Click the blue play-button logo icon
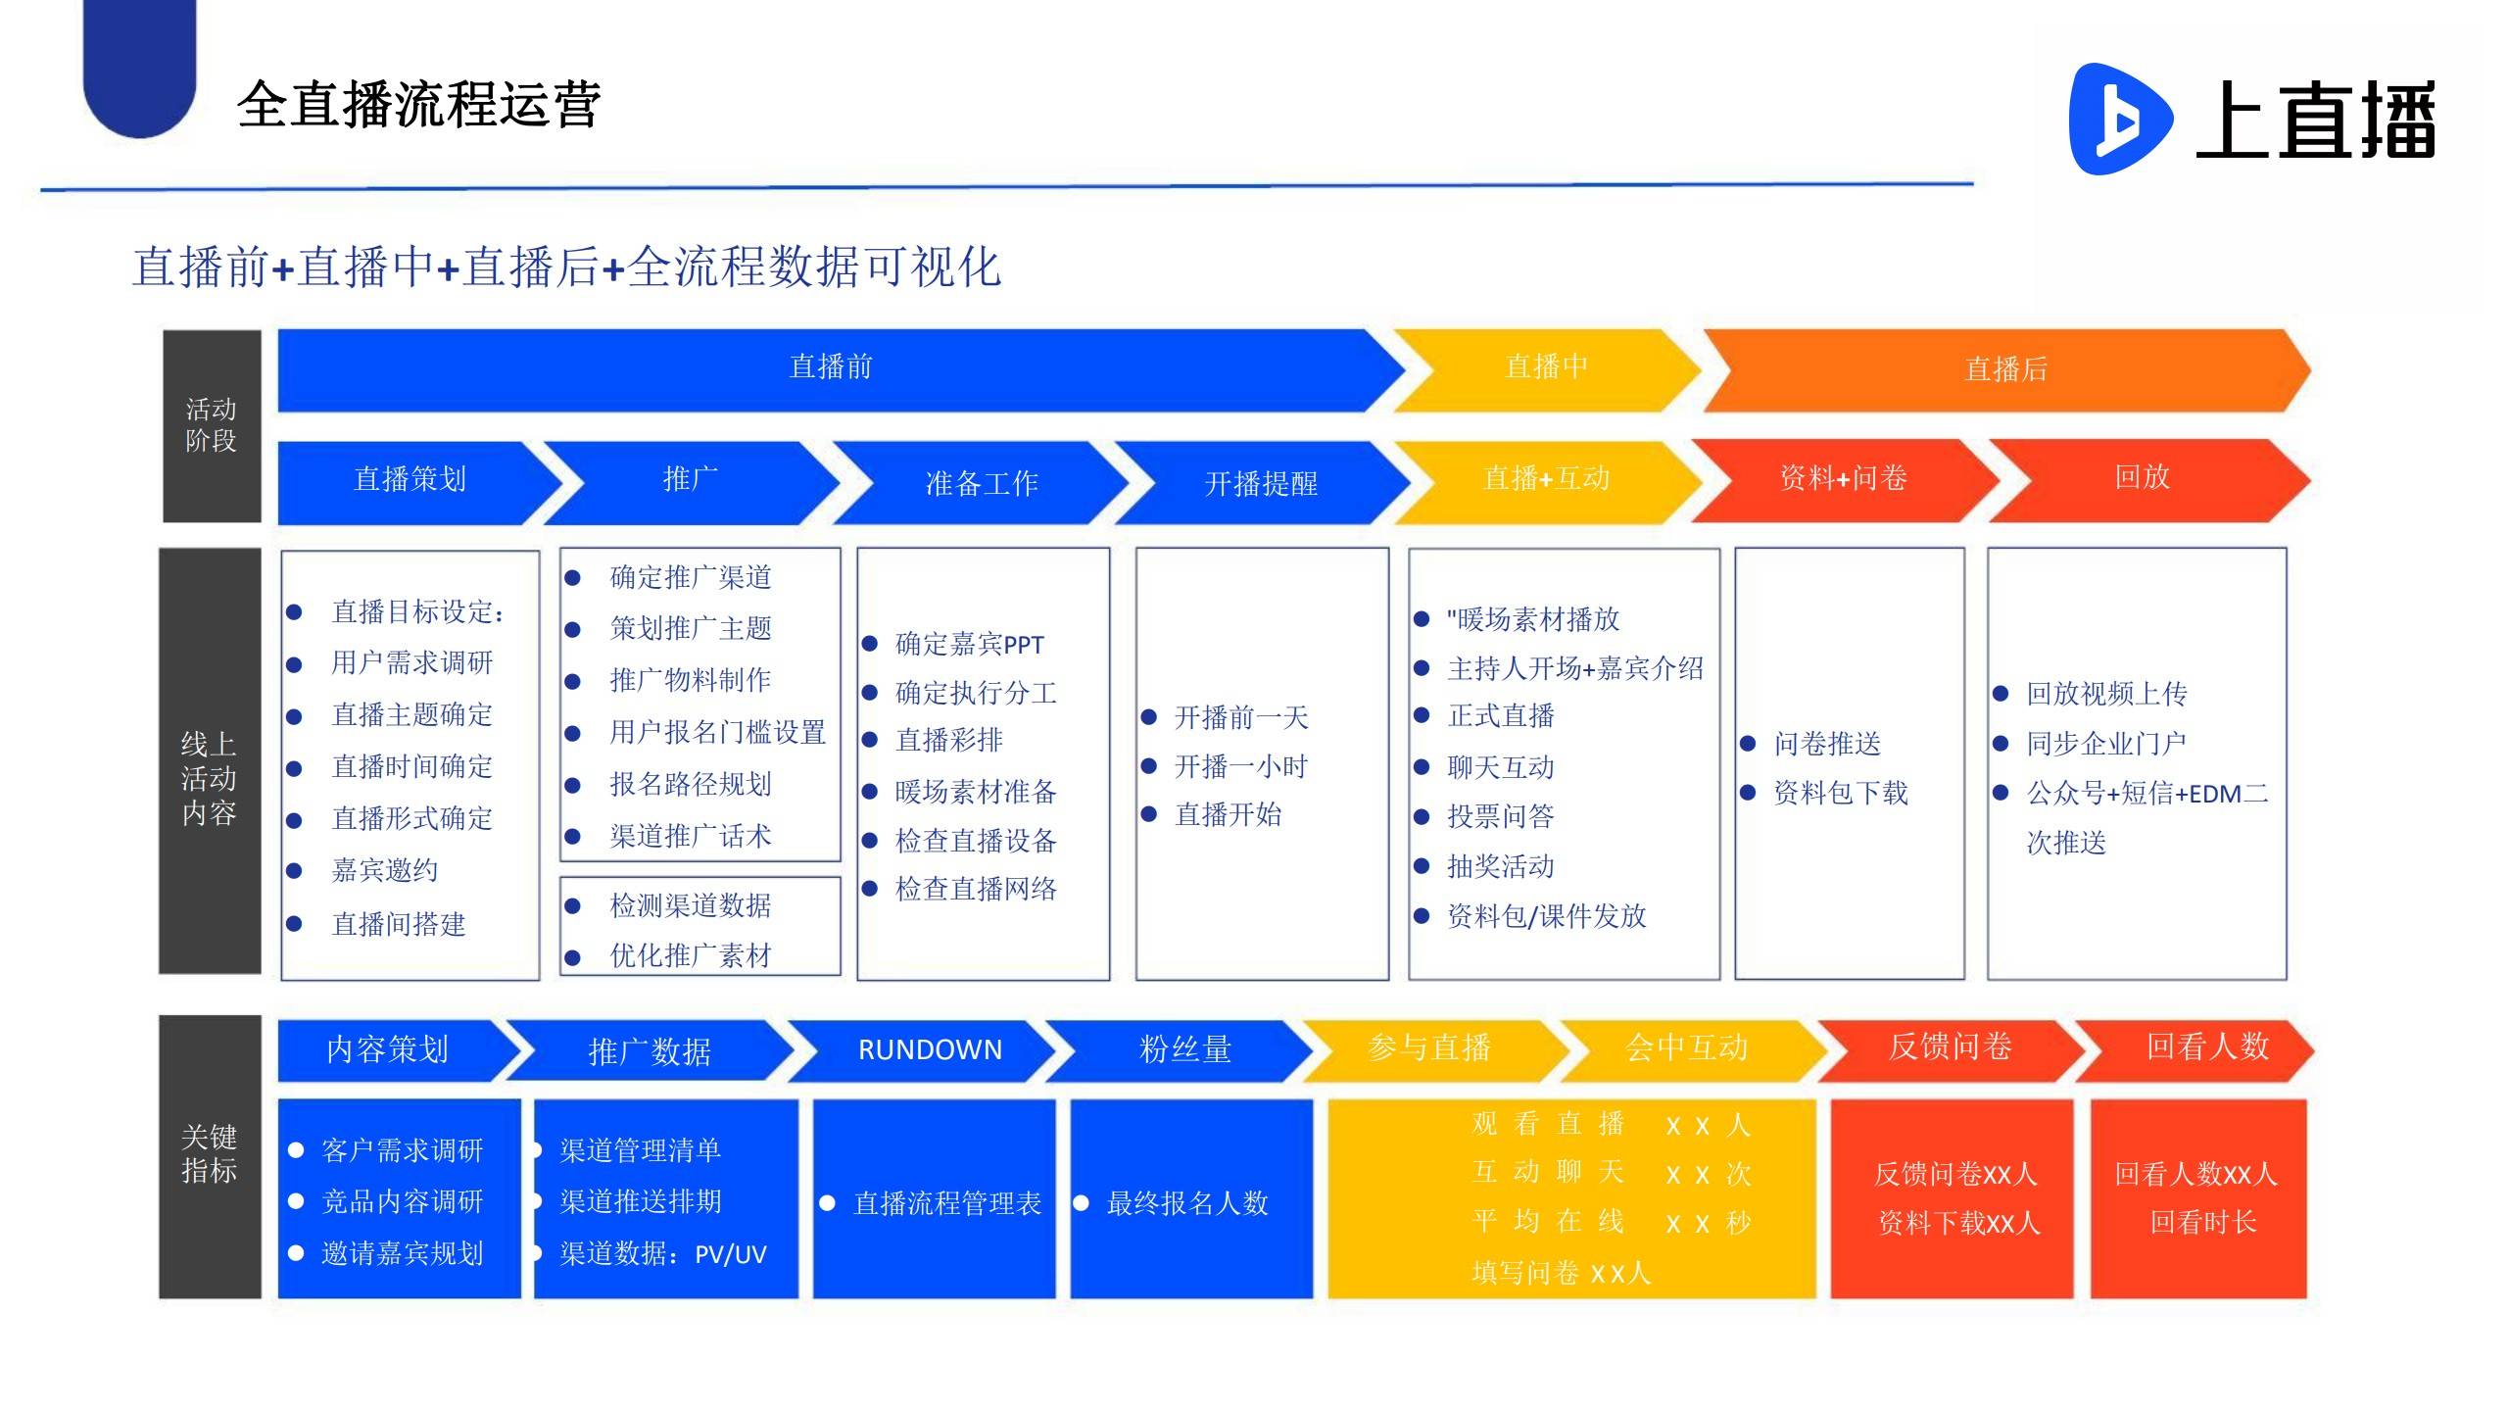coord(2119,119)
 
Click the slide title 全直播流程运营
coord(418,104)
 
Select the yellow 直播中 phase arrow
coord(1547,369)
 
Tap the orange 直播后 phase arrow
coord(2006,369)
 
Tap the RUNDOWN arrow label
coord(930,1049)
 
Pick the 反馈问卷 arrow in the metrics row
coord(1950,1048)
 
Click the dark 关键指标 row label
coord(210,1156)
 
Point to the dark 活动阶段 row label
coord(212,425)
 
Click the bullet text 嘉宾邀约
coord(385,870)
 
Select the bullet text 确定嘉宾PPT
coord(970,644)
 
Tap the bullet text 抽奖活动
coord(1501,866)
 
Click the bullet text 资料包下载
coord(1841,793)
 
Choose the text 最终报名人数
coord(1187,1203)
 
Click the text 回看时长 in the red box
coord(2203,1222)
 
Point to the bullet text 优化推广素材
coord(691,955)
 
